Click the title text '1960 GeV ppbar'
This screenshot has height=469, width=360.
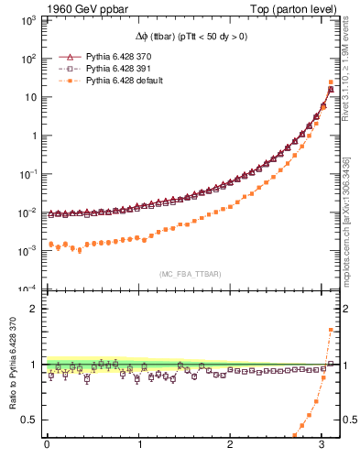click(x=82, y=8)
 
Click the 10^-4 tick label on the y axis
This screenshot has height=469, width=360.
click(x=28, y=289)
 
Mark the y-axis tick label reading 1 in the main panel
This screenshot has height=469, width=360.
click(x=36, y=136)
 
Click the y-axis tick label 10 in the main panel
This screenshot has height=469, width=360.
click(x=31, y=97)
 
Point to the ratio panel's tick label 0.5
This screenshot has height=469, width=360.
click(x=32, y=420)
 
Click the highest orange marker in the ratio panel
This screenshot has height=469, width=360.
click(x=331, y=330)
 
